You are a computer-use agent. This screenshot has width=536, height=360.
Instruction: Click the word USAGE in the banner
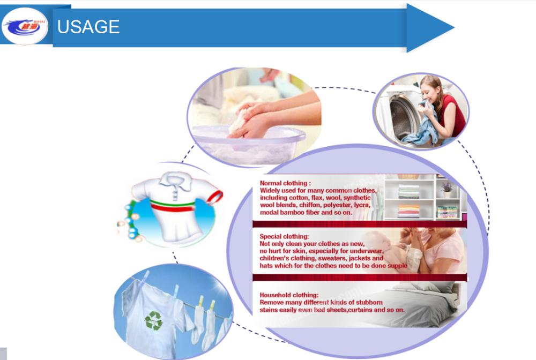88,27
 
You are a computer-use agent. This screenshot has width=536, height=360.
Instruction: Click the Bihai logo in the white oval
25,26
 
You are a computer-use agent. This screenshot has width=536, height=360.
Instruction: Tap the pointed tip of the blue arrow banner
454,27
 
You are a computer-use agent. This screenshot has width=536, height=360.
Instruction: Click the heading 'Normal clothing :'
285,183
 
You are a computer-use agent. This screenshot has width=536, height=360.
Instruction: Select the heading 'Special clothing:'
284,236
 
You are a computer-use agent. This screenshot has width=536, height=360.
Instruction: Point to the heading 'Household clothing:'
289,295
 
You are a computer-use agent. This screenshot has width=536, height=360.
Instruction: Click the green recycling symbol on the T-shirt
154,320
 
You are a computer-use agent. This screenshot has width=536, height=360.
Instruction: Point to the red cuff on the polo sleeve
215,198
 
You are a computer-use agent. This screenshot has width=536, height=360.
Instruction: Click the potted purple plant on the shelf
447,189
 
